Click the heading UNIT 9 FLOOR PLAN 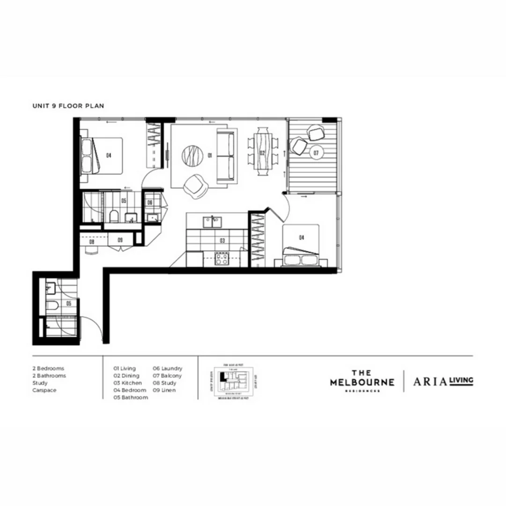coord(68,106)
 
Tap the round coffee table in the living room coord(193,155)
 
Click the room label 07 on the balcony coord(316,153)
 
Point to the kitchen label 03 coord(222,241)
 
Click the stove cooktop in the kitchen coord(222,259)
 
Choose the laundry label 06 coord(149,202)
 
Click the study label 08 coord(92,242)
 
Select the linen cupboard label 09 coord(120,240)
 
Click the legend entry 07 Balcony coord(167,376)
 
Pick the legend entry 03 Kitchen coord(127,383)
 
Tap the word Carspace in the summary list coord(45,390)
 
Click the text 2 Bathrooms coord(49,376)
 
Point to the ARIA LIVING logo coord(443,381)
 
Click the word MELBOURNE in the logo coord(362,382)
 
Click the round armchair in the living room coord(194,186)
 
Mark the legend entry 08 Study coord(164,383)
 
